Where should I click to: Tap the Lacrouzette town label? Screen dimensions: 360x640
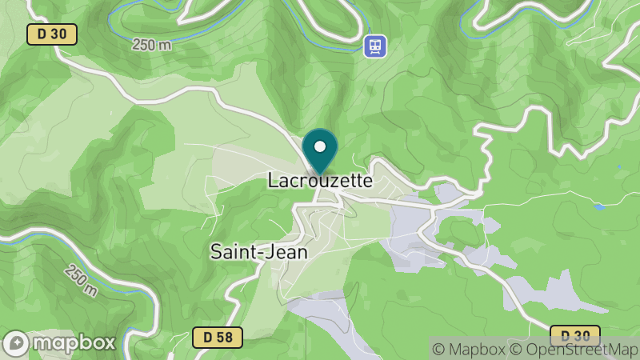tap(320, 181)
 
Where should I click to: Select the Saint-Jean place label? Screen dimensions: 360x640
tap(258, 250)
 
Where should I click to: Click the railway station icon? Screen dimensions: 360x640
tap(374, 46)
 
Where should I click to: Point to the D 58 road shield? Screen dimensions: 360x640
tap(218, 337)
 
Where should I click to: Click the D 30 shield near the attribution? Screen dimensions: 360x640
tap(576, 334)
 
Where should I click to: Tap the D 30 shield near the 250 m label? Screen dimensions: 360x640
tap(52, 34)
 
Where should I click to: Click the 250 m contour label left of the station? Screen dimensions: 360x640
tap(152, 45)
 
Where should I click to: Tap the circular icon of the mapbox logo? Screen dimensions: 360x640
tap(18, 343)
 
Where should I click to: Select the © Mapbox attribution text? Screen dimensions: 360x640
tap(470, 349)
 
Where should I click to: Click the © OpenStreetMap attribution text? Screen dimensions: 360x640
tap(574, 349)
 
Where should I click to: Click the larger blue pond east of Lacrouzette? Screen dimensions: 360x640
tap(599, 206)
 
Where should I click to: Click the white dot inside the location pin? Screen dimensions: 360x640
tap(320, 147)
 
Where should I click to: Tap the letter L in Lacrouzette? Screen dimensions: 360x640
tap(272, 181)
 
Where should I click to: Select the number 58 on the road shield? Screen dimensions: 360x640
tap(224, 337)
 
